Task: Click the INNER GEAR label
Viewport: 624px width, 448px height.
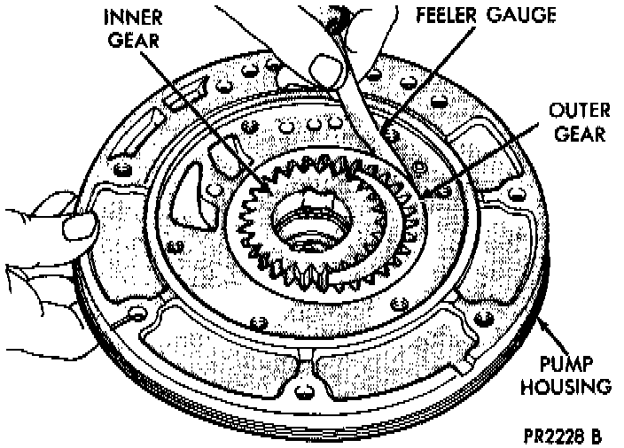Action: [130, 29]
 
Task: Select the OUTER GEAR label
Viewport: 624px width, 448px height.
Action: [577, 122]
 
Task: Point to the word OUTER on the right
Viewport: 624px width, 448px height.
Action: [577, 112]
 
